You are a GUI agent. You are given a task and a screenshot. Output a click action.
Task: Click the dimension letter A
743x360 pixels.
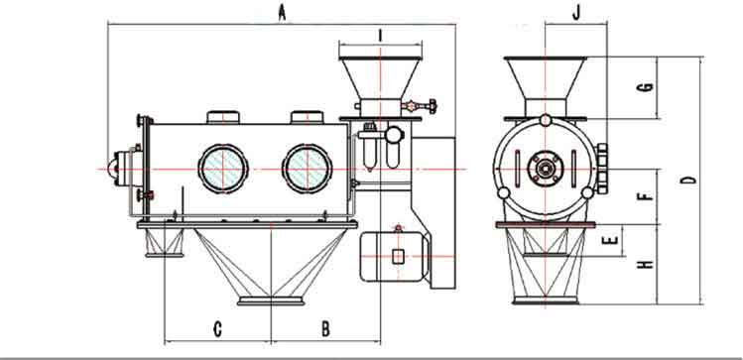click(x=282, y=12)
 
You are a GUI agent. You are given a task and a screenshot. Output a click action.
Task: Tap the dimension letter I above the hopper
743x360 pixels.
click(x=380, y=35)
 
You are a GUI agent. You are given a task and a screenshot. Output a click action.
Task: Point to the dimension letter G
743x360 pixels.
click(x=646, y=87)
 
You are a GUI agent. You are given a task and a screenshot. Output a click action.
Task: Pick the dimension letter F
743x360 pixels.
click(x=646, y=195)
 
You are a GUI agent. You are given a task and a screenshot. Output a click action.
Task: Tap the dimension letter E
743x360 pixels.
click(x=611, y=240)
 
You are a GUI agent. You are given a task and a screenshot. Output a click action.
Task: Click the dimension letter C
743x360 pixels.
click(x=217, y=328)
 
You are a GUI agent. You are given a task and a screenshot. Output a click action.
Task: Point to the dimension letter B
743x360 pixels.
click(x=325, y=328)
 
